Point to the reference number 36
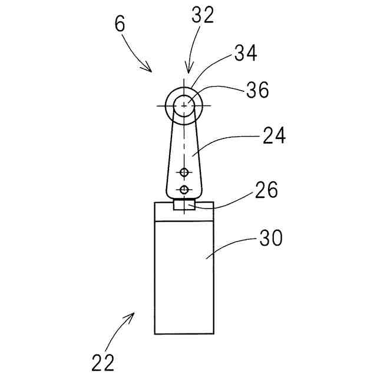pyautogui.click(x=258, y=90)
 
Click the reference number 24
pyautogui.click(x=273, y=136)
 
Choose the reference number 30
pyautogui.click(x=270, y=238)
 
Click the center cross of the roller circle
pyautogui.click(x=186, y=105)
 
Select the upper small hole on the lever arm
pyautogui.click(x=185, y=172)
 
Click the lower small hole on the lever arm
pyautogui.click(x=185, y=189)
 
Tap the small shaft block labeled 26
pyautogui.click(x=184, y=205)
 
